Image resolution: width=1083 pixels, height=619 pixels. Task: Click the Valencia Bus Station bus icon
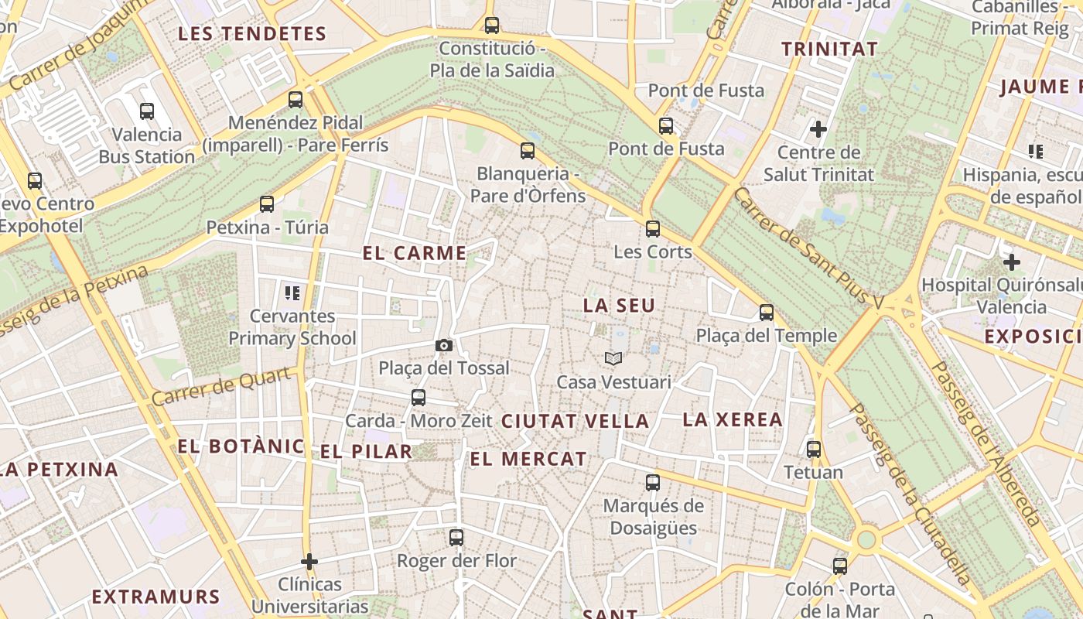coord(147,111)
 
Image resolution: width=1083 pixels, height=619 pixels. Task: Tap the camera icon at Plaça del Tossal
coord(444,345)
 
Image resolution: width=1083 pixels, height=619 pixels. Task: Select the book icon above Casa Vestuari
coord(613,358)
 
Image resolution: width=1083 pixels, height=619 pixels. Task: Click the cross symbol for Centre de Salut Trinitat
coord(818,128)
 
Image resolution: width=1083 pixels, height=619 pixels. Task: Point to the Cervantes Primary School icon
coord(292,292)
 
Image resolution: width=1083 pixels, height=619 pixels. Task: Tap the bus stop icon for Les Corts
coord(653,229)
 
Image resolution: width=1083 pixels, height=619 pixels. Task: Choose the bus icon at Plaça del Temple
coord(767,313)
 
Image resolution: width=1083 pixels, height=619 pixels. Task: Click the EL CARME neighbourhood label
coord(415,253)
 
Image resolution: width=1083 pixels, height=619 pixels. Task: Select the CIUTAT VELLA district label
coord(576,422)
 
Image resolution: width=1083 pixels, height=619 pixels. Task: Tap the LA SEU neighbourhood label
coord(619,306)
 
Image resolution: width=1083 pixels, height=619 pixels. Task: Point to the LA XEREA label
coord(733,420)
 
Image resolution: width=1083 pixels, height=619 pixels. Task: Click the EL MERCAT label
coord(528,459)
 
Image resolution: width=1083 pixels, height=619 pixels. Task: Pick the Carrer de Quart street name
coord(221,386)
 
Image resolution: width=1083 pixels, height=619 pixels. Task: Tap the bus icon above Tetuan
coord(814,450)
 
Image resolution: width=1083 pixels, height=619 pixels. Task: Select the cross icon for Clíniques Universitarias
coord(309,561)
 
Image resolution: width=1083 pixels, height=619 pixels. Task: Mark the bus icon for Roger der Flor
coord(456,537)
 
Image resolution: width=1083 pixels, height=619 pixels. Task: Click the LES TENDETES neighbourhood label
coord(252,34)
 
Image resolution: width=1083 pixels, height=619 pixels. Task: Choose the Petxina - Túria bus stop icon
coord(267,204)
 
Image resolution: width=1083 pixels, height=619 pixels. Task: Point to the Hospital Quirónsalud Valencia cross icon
coord(1011,262)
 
